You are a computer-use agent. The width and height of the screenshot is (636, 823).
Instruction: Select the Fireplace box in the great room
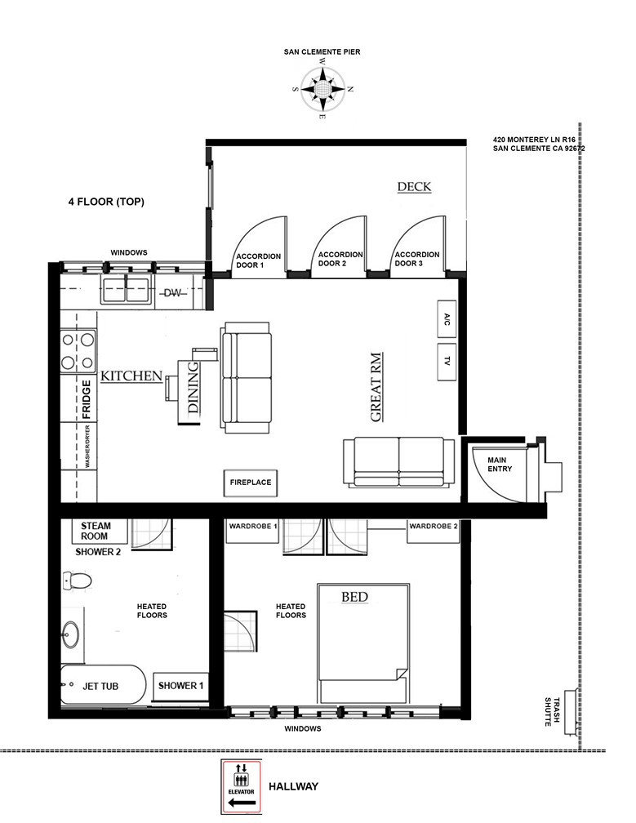(x=250, y=483)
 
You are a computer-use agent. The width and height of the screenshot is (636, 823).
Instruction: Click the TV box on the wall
(x=447, y=361)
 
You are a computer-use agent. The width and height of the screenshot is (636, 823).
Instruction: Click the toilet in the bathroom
(x=77, y=581)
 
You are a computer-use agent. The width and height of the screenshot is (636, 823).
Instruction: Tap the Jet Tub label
(x=100, y=686)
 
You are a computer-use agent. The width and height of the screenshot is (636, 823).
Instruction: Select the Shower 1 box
(x=180, y=686)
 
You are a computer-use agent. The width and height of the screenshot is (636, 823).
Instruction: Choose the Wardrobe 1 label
(x=253, y=527)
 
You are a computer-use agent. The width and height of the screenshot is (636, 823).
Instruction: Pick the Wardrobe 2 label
(x=434, y=527)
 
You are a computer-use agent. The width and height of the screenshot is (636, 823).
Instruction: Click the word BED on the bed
(x=354, y=598)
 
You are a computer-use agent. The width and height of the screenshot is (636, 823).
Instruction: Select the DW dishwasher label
(x=172, y=293)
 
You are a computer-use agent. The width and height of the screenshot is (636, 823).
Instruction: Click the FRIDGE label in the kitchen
(x=85, y=399)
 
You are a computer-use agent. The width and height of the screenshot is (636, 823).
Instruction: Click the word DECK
(x=414, y=187)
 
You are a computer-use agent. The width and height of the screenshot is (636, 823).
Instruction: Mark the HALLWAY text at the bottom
(x=298, y=786)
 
